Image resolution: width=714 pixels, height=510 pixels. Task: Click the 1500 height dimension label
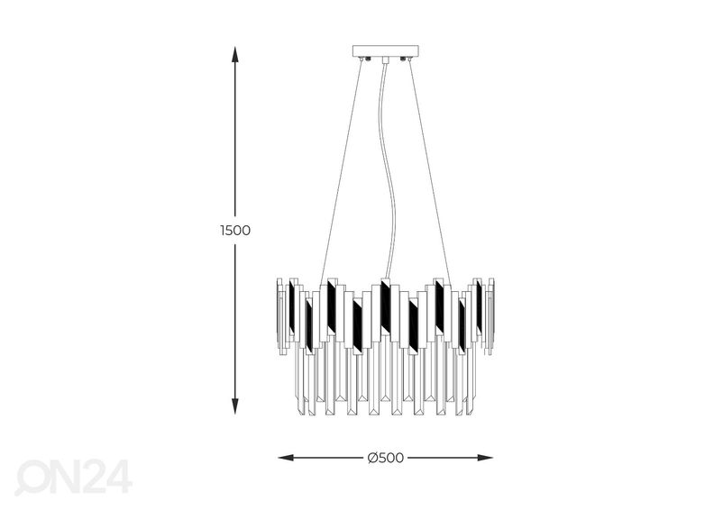235,230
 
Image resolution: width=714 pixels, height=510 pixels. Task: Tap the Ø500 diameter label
385,458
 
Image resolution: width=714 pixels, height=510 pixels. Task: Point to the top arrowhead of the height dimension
235,55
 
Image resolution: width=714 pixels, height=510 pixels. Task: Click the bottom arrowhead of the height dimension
235,405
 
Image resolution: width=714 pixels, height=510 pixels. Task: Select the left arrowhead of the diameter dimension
287,458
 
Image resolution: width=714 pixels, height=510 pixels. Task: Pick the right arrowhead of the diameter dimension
484,458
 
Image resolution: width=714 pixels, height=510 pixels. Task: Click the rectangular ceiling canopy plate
385,50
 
